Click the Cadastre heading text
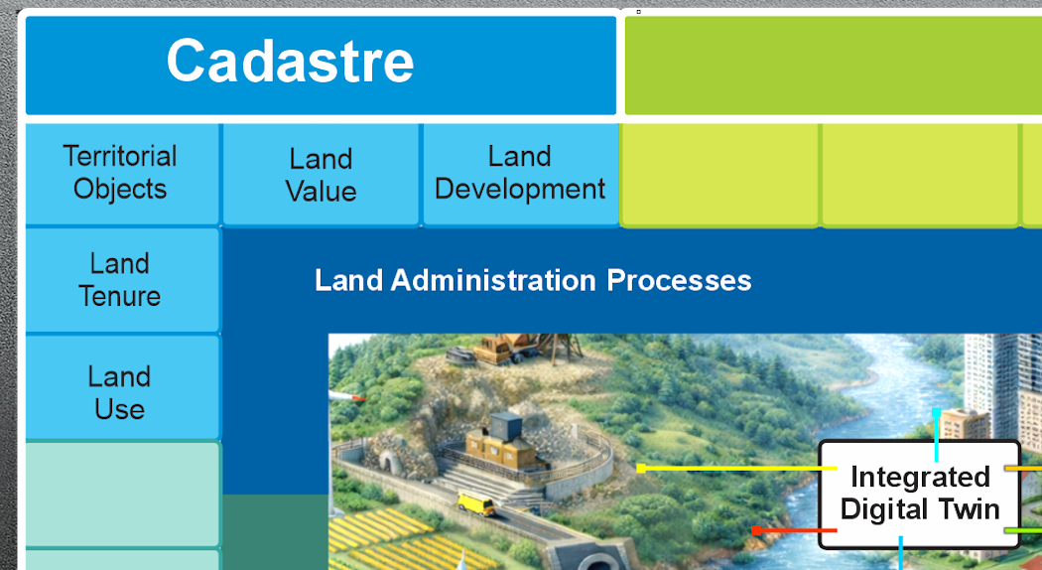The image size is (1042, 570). [290, 61]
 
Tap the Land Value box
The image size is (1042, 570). [321, 174]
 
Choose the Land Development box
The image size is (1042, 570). [520, 174]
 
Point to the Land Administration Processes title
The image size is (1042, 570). [533, 281]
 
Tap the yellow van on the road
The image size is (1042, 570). [476, 502]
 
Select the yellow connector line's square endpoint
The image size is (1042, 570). [641, 469]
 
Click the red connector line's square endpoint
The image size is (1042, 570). [756, 530]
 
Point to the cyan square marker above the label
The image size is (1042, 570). [937, 413]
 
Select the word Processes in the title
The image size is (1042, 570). [679, 281]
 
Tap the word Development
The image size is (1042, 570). [520, 190]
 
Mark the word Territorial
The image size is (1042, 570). [120, 157]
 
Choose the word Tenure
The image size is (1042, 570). [120, 297]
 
